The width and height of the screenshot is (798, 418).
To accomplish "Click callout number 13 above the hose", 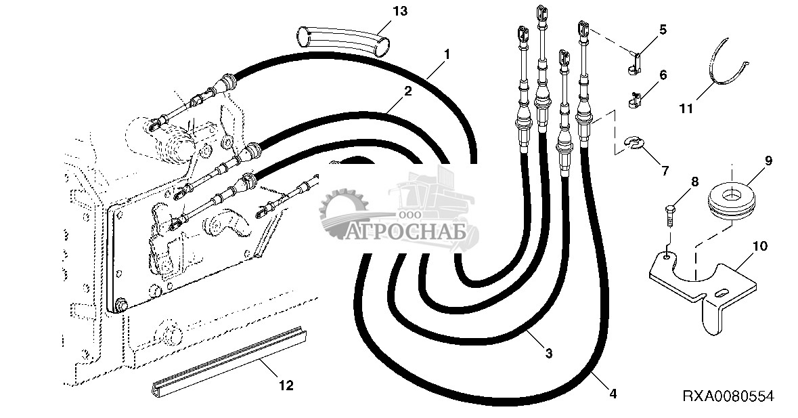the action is (x=401, y=12).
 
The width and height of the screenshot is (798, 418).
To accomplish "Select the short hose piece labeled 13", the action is (x=343, y=42).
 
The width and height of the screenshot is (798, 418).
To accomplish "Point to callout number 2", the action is (x=407, y=91).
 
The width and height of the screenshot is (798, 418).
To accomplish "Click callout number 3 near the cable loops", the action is (x=548, y=353).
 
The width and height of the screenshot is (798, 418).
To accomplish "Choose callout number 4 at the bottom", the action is (x=613, y=394).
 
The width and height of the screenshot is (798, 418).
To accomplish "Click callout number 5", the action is (x=662, y=29).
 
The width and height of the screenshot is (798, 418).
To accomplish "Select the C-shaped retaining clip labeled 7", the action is (x=634, y=144).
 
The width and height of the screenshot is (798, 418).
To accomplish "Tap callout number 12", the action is (x=286, y=385).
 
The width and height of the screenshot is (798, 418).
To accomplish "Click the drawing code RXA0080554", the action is (x=728, y=396).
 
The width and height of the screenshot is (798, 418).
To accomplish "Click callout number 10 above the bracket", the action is (x=759, y=247).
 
